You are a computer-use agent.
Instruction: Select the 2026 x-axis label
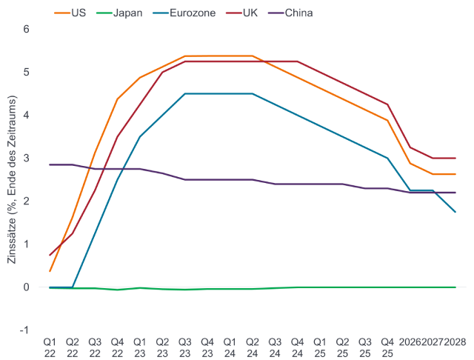click(410, 342)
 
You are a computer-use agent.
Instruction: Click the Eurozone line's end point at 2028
click(455, 213)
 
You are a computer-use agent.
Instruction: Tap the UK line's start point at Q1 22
click(50, 255)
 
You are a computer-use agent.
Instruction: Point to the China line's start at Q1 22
click(50, 164)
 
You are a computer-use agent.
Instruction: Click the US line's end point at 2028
click(455, 175)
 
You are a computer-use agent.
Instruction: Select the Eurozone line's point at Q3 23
click(184, 94)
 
